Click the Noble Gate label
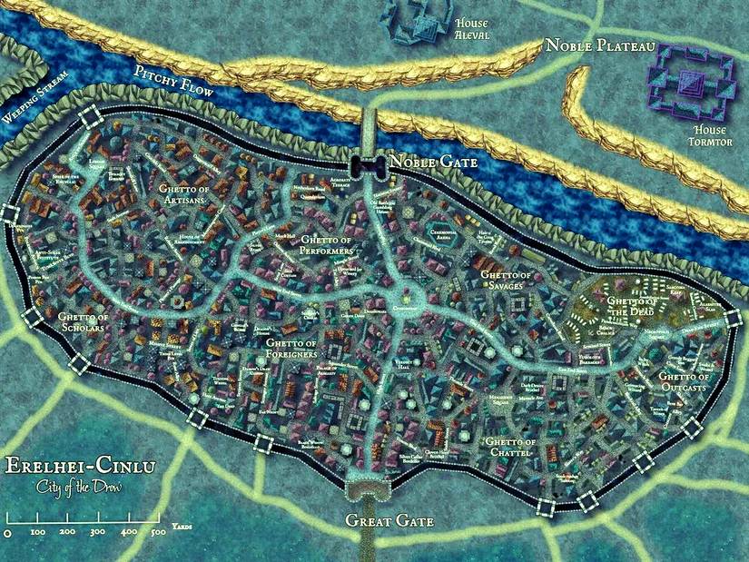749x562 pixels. click(x=432, y=162)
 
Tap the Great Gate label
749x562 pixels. click(x=389, y=521)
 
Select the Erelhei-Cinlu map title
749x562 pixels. click(x=81, y=468)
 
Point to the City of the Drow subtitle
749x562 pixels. click(x=81, y=488)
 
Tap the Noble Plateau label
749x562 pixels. click(x=600, y=45)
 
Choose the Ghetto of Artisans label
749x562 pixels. click(x=188, y=194)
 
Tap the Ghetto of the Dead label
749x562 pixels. click(x=634, y=306)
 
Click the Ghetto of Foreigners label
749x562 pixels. click(x=290, y=349)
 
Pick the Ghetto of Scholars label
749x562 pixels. click(x=84, y=323)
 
